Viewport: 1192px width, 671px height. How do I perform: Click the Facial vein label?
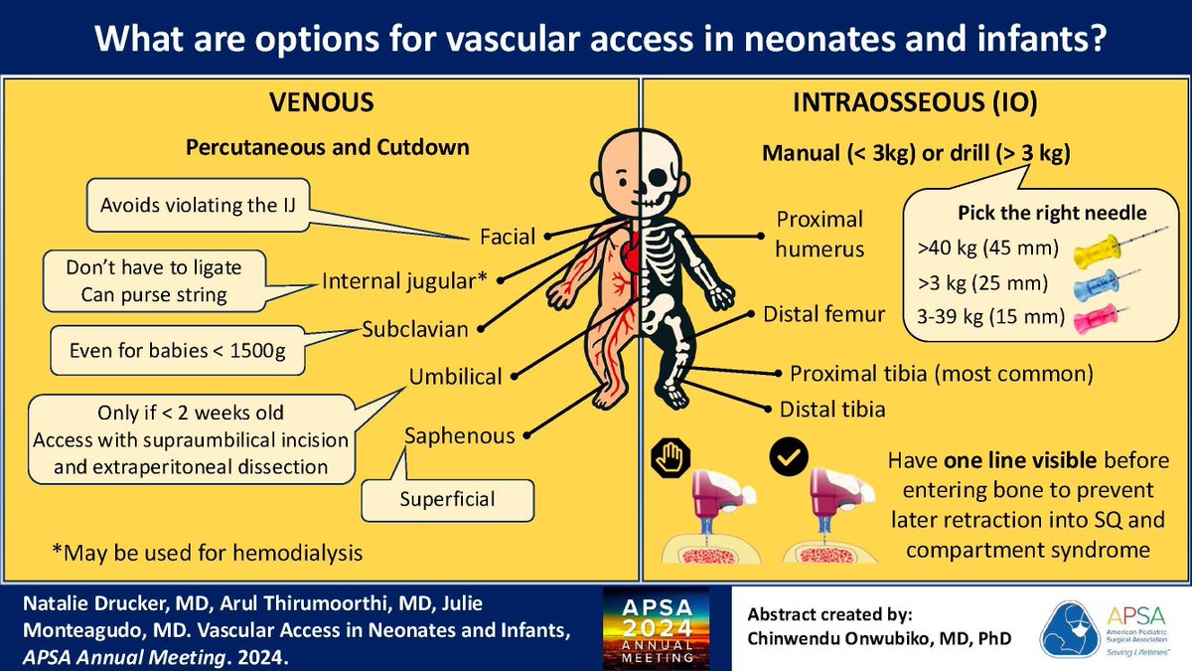click(x=507, y=237)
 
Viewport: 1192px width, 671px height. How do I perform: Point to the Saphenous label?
click(x=460, y=435)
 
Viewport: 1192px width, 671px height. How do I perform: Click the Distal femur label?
click(x=823, y=315)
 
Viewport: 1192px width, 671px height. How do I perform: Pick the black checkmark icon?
click(x=790, y=458)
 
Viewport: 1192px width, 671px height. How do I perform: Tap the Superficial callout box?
click(x=446, y=499)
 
